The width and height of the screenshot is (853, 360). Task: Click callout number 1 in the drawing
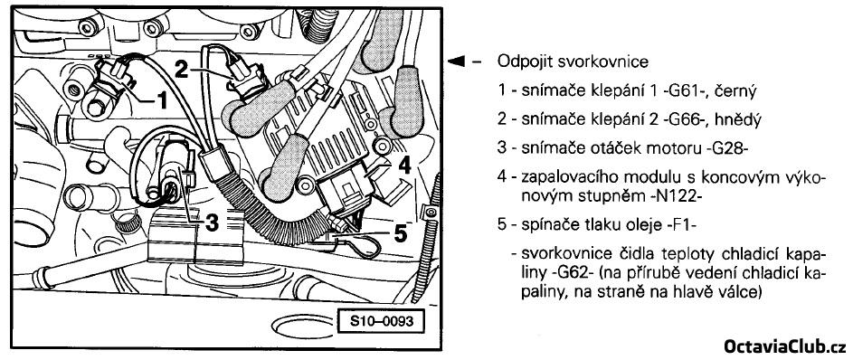click(x=160, y=100)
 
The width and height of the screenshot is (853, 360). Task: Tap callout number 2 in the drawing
click(x=182, y=68)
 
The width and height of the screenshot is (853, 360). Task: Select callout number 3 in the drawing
click(x=213, y=222)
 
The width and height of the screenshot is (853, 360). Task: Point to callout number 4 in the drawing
click(x=403, y=166)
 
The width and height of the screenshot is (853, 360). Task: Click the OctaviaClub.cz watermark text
click(x=784, y=346)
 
